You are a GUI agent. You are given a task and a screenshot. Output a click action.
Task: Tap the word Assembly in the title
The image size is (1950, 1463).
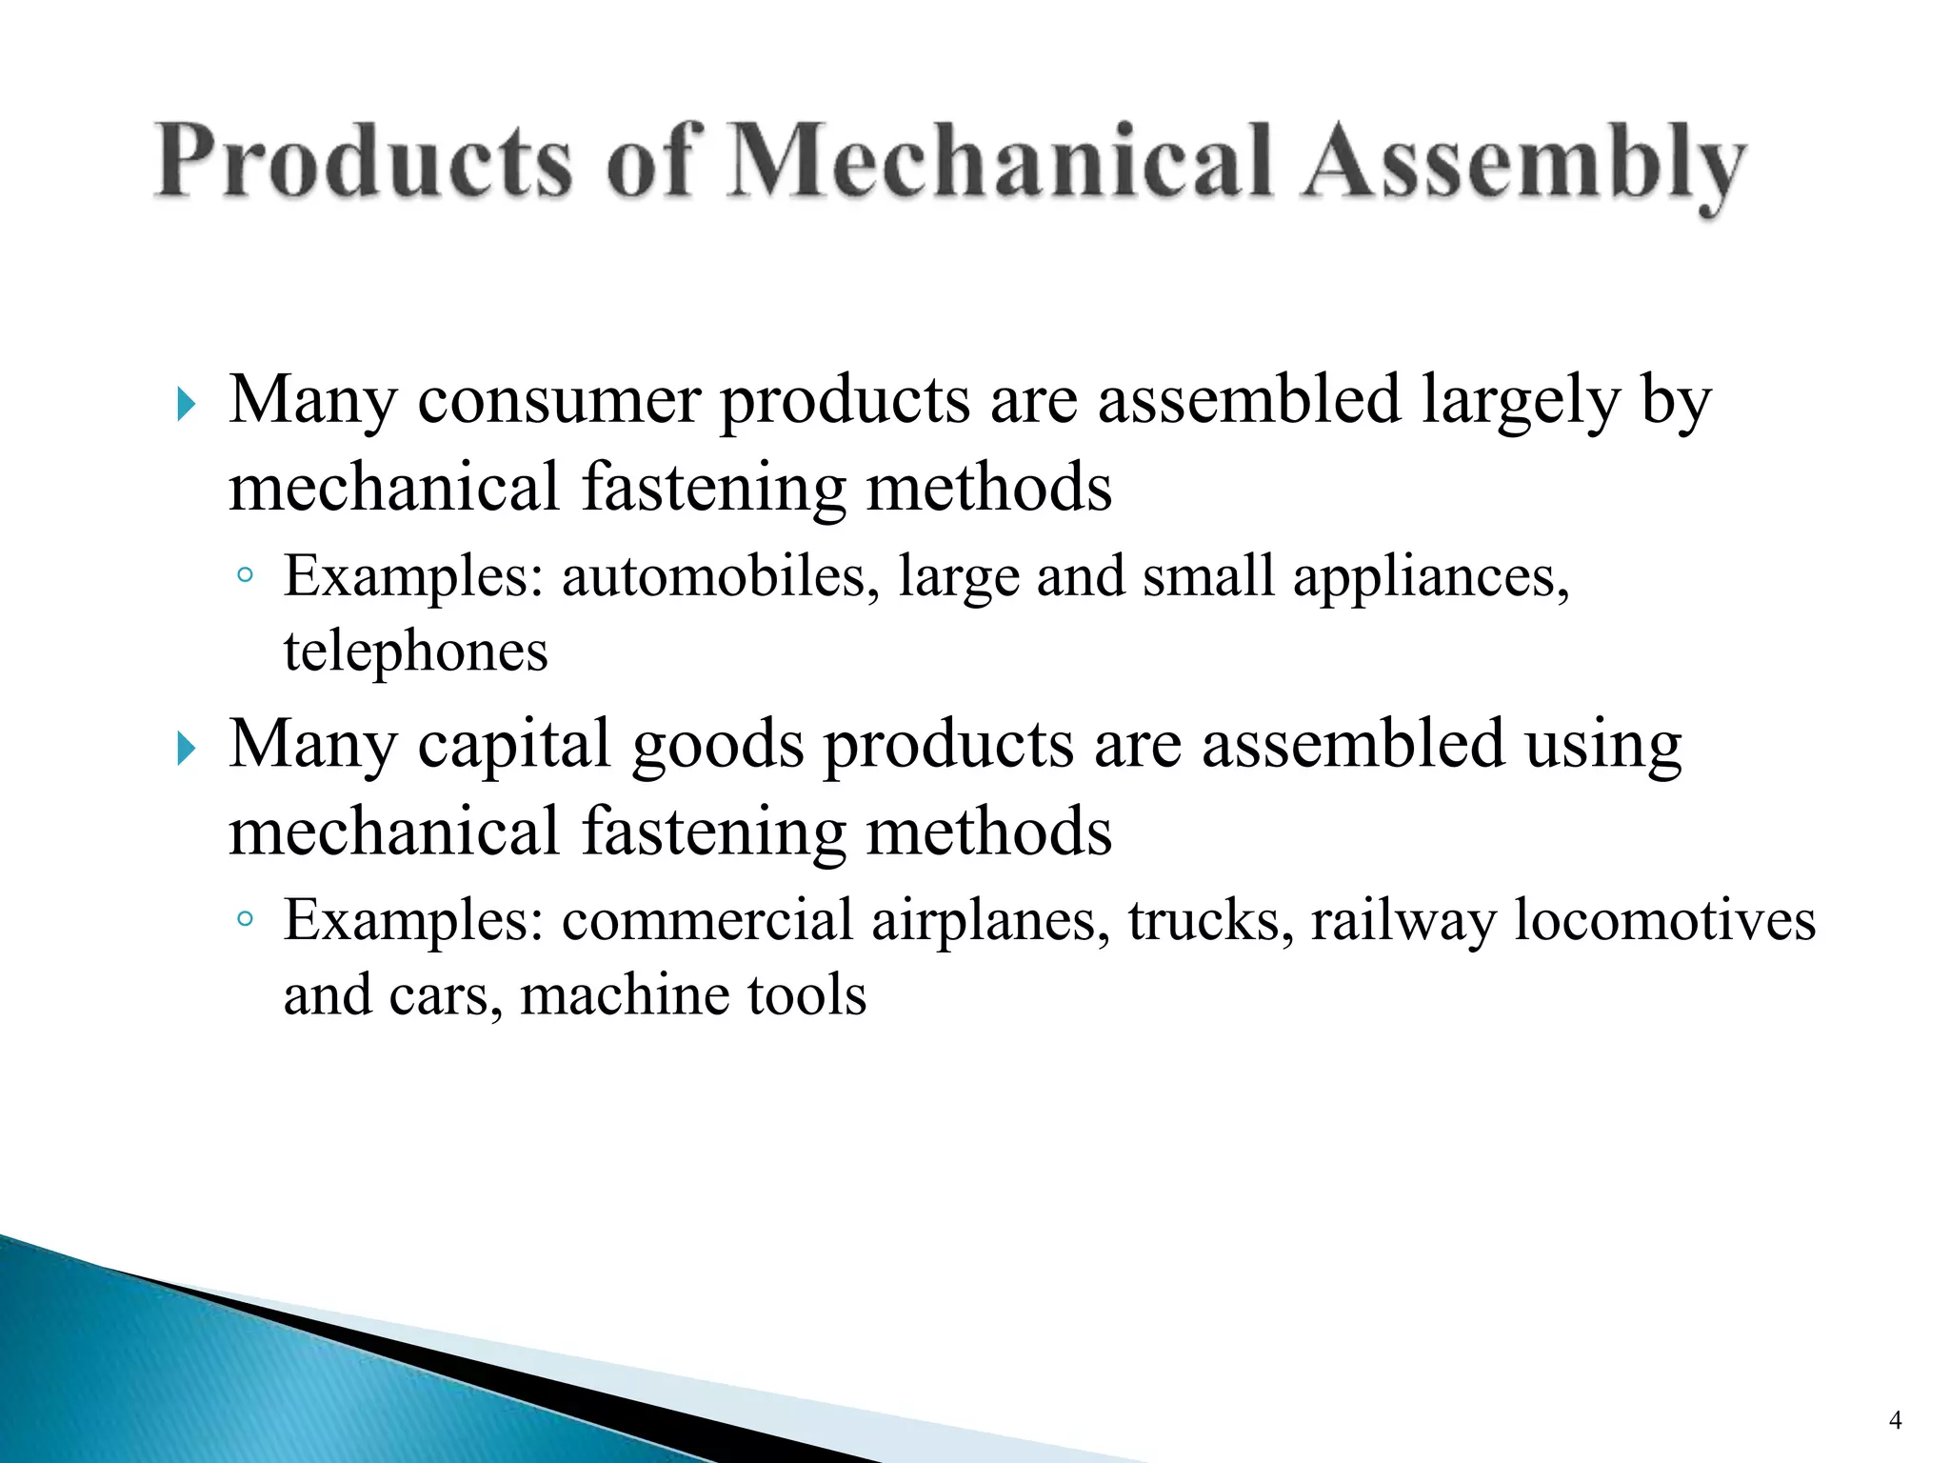point(1523,164)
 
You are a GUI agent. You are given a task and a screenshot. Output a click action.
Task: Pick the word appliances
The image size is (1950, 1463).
point(1431,578)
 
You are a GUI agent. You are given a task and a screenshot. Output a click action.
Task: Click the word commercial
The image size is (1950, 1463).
point(707,921)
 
